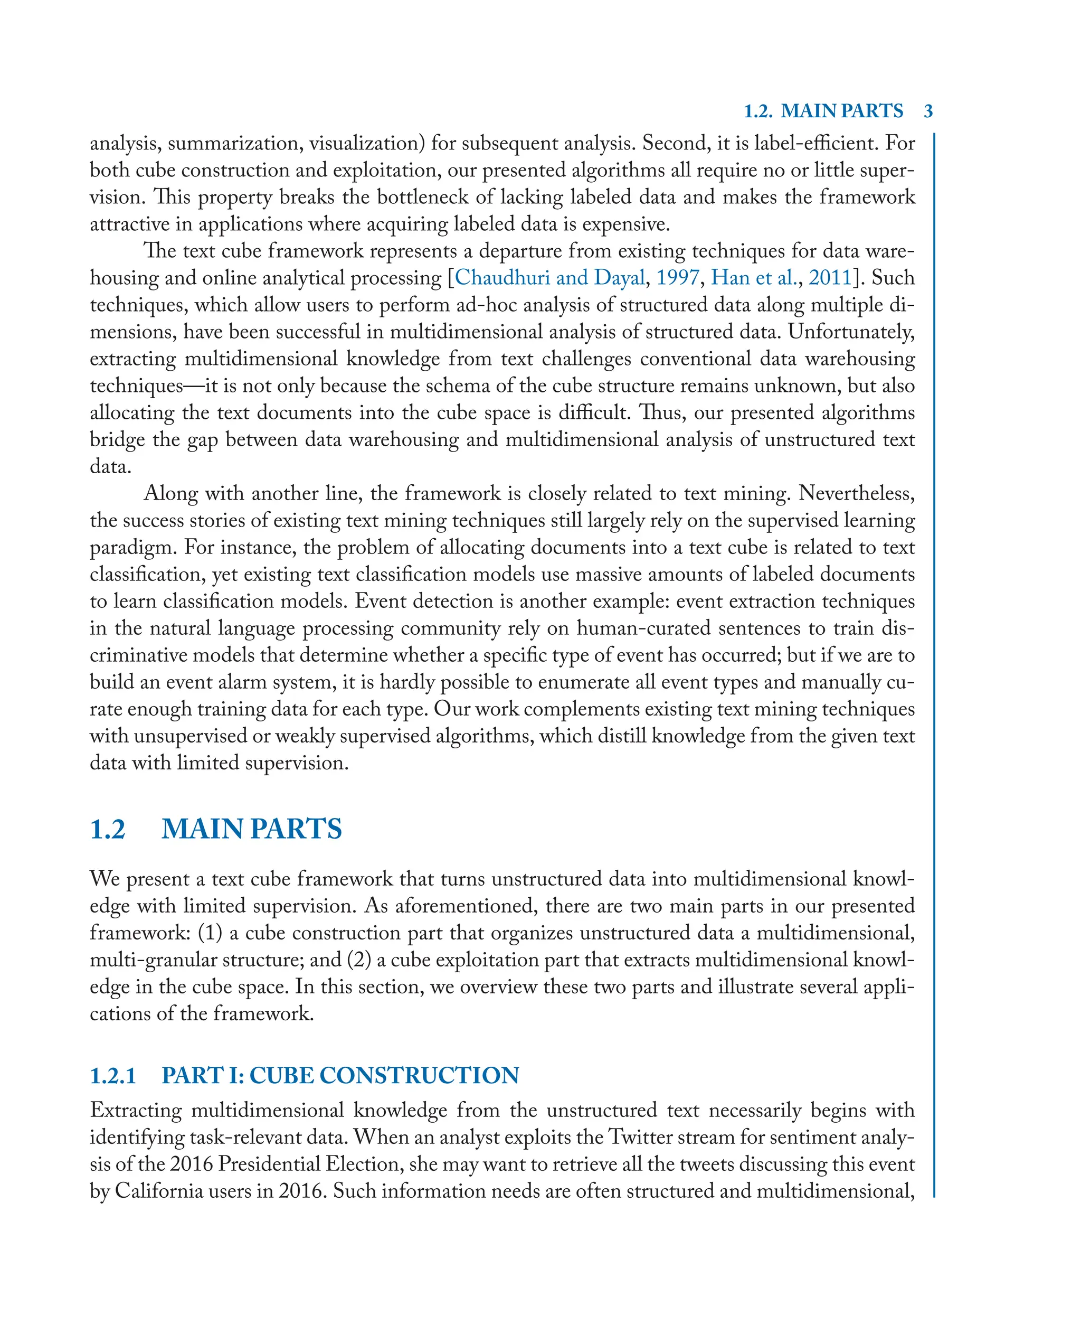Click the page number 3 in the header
pyautogui.click(x=928, y=111)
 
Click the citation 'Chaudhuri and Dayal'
pyautogui.click(x=550, y=277)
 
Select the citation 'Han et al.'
pyautogui.click(x=753, y=277)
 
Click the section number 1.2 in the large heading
pyautogui.click(x=108, y=829)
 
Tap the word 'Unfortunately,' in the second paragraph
pyautogui.click(x=851, y=332)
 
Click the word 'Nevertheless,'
pyautogui.click(x=856, y=493)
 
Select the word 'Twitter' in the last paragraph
pyautogui.click(x=641, y=1137)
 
